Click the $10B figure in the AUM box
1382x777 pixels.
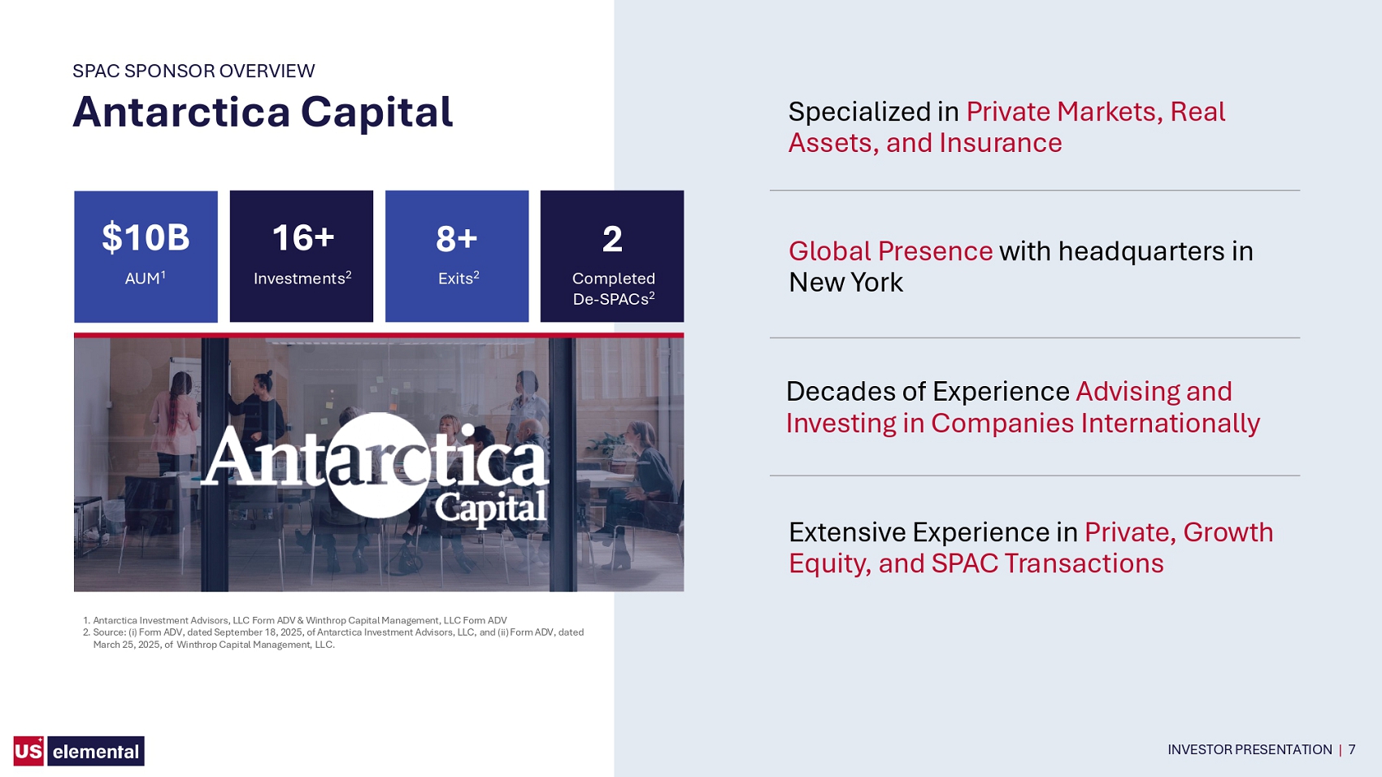click(146, 238)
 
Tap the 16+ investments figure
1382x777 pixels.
click(303, 238)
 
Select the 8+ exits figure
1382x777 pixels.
click(457, 239)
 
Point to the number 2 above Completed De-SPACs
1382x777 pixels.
click(612, 239)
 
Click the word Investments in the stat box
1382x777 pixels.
click(299, 279)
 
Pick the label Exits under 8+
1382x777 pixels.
click(455, 279)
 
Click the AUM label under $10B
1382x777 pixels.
click(142, 279)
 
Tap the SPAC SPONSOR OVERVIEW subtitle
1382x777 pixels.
click(193, 71)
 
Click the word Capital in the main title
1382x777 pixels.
click(377, 112)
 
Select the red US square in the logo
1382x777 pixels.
click(28, 750)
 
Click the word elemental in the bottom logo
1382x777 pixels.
click(96, 752)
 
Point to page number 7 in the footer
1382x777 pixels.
click(1352, 750)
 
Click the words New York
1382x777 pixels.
click(845, 283)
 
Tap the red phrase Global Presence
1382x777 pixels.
click(890, 251)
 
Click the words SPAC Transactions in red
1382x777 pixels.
click(1047, 563)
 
